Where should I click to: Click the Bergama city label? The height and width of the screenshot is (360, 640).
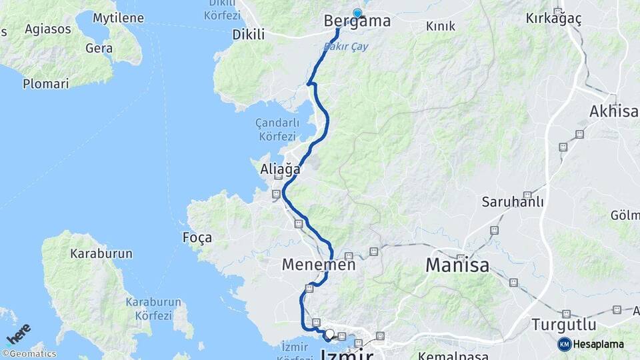tap(357, 21)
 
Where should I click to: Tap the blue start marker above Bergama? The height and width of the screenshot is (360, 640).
tap(357, 13)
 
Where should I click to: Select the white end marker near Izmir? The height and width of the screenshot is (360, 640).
tap(329, 333)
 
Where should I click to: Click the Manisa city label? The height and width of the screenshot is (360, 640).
tap(457, 265)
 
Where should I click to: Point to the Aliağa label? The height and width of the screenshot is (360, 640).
tap(280, 170)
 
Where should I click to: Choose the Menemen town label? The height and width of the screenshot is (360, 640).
tap(318, 265)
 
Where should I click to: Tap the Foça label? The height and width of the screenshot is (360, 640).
tap(197, 237)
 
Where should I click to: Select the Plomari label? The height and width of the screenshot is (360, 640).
tap(45, 84)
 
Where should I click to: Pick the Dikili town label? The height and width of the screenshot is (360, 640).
tap(248, 35)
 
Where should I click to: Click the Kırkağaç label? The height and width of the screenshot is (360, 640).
tap(553, 19)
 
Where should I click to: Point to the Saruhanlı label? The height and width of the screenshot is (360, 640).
tap(513, 202)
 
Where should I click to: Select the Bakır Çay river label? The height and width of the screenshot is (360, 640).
tap(345, 47)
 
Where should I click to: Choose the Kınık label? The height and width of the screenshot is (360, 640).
tap(441, 26)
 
